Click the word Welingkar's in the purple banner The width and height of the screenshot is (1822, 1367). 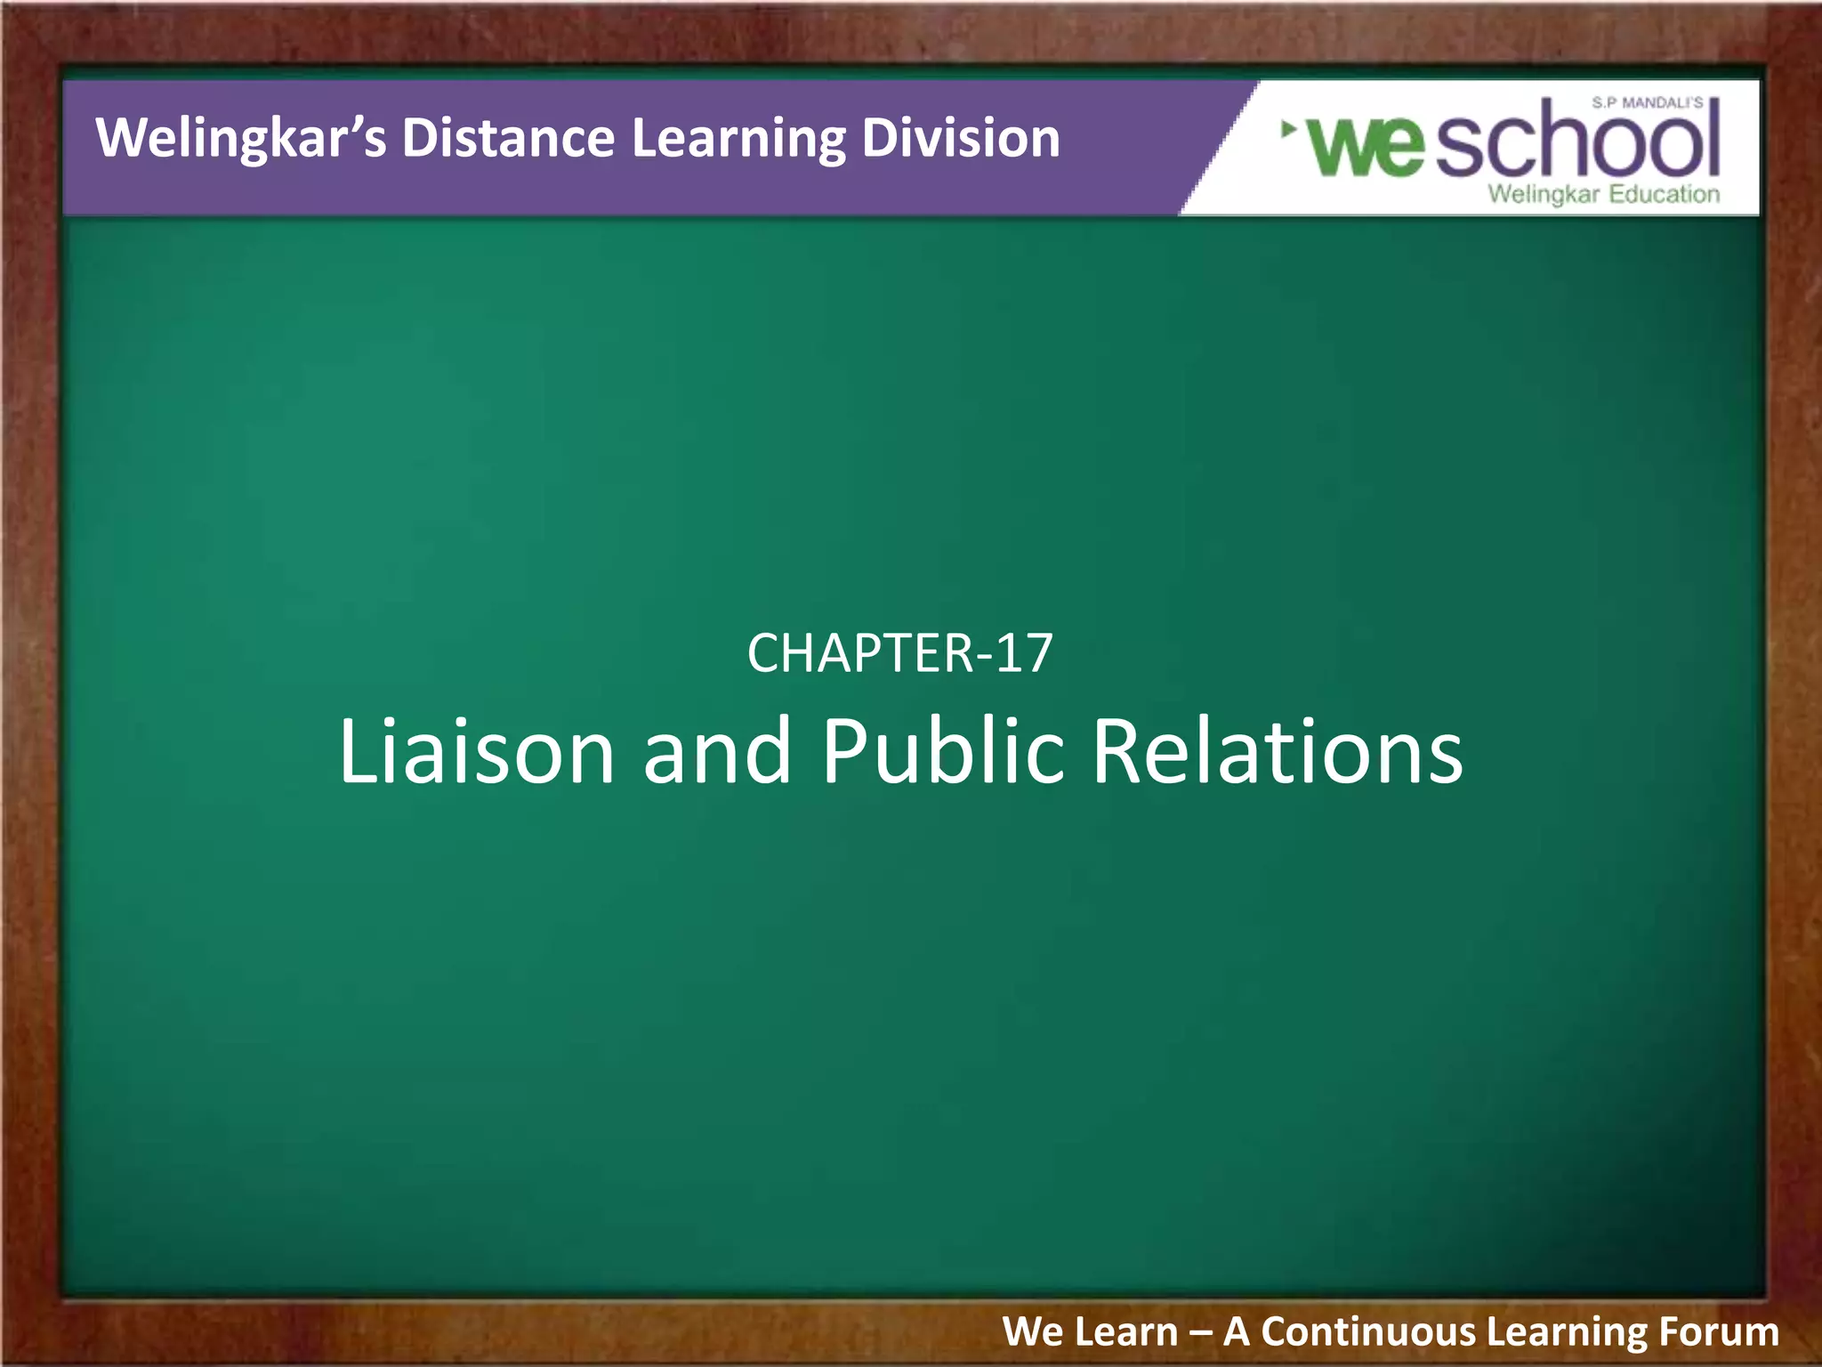pos(241,139)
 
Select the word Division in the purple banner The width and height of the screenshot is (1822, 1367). pos(960,139)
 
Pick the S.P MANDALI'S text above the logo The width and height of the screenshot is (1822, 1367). pos(1647,103)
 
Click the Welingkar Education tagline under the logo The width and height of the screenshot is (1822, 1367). pos(1603,194)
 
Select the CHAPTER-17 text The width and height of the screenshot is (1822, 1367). pos(899,653)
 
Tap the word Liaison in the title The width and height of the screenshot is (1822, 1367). pos(476,752)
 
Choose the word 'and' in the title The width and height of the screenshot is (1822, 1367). pos(716,752)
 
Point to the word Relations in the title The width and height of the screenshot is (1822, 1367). pos(1277,752)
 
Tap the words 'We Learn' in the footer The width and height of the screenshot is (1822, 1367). pos(1090,1332)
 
